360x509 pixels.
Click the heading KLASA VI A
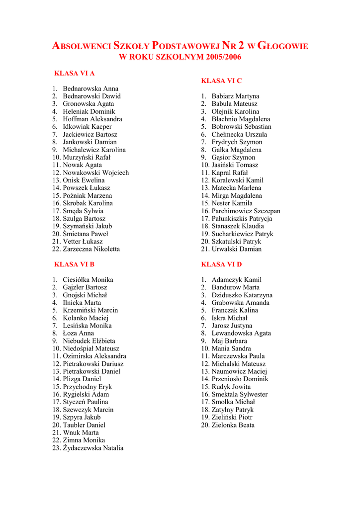pyautogui.click(x=74, y=74)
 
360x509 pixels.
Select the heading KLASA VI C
pyautogui.click(x=221, y=81)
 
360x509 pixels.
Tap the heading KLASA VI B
pyautogui.click(x=74, y=264)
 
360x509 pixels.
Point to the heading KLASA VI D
pyautogui.click(x=221, y=264)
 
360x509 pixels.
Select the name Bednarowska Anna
pyautogui.click(x=90, y=89)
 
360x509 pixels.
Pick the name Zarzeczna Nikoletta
pyautogui.click(x=91, y=249)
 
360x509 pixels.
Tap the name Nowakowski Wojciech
pyautogui.click(x=95, y=173)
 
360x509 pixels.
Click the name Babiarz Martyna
pyautogui.click(x=235, y=96)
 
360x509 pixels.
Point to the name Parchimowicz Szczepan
pyautogui.click(x=246, y=211)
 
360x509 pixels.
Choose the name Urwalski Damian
pyautogui.click(x=236, y=249)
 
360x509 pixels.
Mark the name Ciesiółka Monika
pyautogui.click(x=88, y=280)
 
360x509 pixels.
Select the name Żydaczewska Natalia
pyautogui.click(x=93, y=448)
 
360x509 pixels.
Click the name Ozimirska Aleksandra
pyautogui.click(x=94, y=356)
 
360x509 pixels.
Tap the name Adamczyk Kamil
pyautogui.click(x=236, y=280)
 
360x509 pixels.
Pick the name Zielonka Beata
pyautogui.click(x=233, y=425)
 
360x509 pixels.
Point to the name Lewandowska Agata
pyautogui.click(x=241, y=334)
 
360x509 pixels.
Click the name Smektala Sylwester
pyautogui.click(x=239, y=395)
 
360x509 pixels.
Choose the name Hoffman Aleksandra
pyautogui.click(x=92, y=119)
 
